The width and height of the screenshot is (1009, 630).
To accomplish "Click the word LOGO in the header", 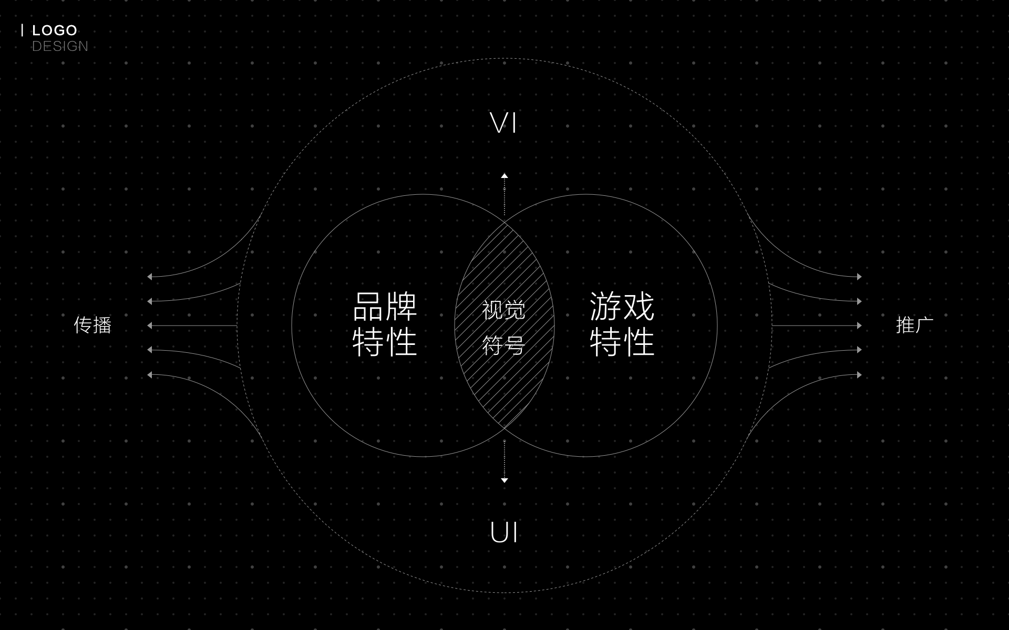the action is (x=55, y=30).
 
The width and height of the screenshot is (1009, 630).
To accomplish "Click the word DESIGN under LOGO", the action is (x=60, y=46).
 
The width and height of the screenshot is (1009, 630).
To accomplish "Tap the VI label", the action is (x=503, y=123).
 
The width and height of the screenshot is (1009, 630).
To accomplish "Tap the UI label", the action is (x=504, y=533).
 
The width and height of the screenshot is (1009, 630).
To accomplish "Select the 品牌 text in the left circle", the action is (x=385, y=307).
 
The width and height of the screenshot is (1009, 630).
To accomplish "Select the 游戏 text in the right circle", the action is (x=622, y=307).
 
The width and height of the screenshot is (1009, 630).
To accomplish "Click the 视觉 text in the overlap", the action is (x=503, y=310).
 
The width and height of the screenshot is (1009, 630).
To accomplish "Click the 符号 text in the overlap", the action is (x=503, y=345).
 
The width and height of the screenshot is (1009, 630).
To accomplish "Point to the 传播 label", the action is (x=92, y=325).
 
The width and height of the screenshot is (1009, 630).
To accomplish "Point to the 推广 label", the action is (x=914, y=325).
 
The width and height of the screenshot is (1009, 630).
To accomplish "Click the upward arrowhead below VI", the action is (x=504, y=176).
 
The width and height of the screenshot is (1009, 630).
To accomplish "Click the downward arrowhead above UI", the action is (x=504, y=480).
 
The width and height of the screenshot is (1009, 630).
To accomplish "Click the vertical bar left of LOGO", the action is (x=22, y=30).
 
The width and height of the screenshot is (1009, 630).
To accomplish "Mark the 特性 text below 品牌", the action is (x=385, y=342).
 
